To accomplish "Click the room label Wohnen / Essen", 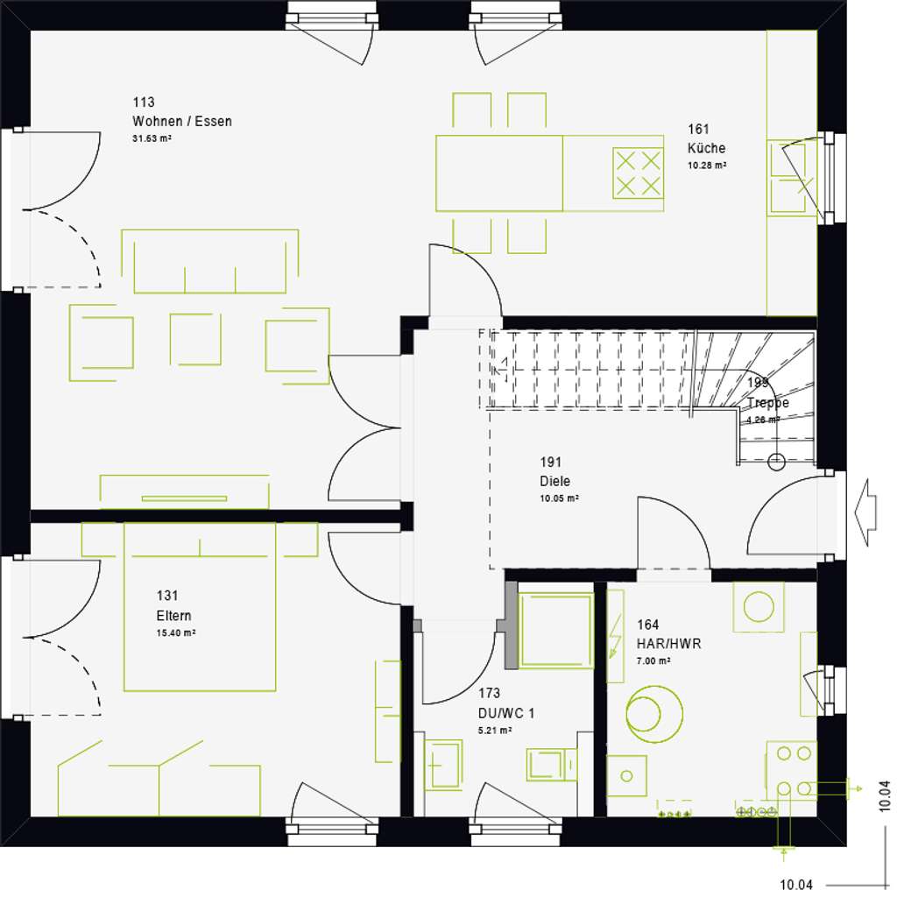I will tap(182, 122).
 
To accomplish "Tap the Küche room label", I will tap(706, 148).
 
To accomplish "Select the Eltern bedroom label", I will tap(173, 615).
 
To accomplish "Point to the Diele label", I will tap(554, 481).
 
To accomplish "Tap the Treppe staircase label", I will tap(767, 403).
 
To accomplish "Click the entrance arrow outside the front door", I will tap(865, 512).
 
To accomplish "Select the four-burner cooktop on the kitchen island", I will tap(637, 173).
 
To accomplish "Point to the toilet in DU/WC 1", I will tap(551, 763).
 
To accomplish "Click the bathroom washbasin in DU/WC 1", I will tap(443, 764).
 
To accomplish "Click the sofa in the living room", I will tap(210, 261).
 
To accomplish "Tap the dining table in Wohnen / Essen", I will tap(499, 173).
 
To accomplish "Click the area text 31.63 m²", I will tap(152, 138).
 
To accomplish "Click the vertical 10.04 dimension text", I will tap(885, 799).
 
